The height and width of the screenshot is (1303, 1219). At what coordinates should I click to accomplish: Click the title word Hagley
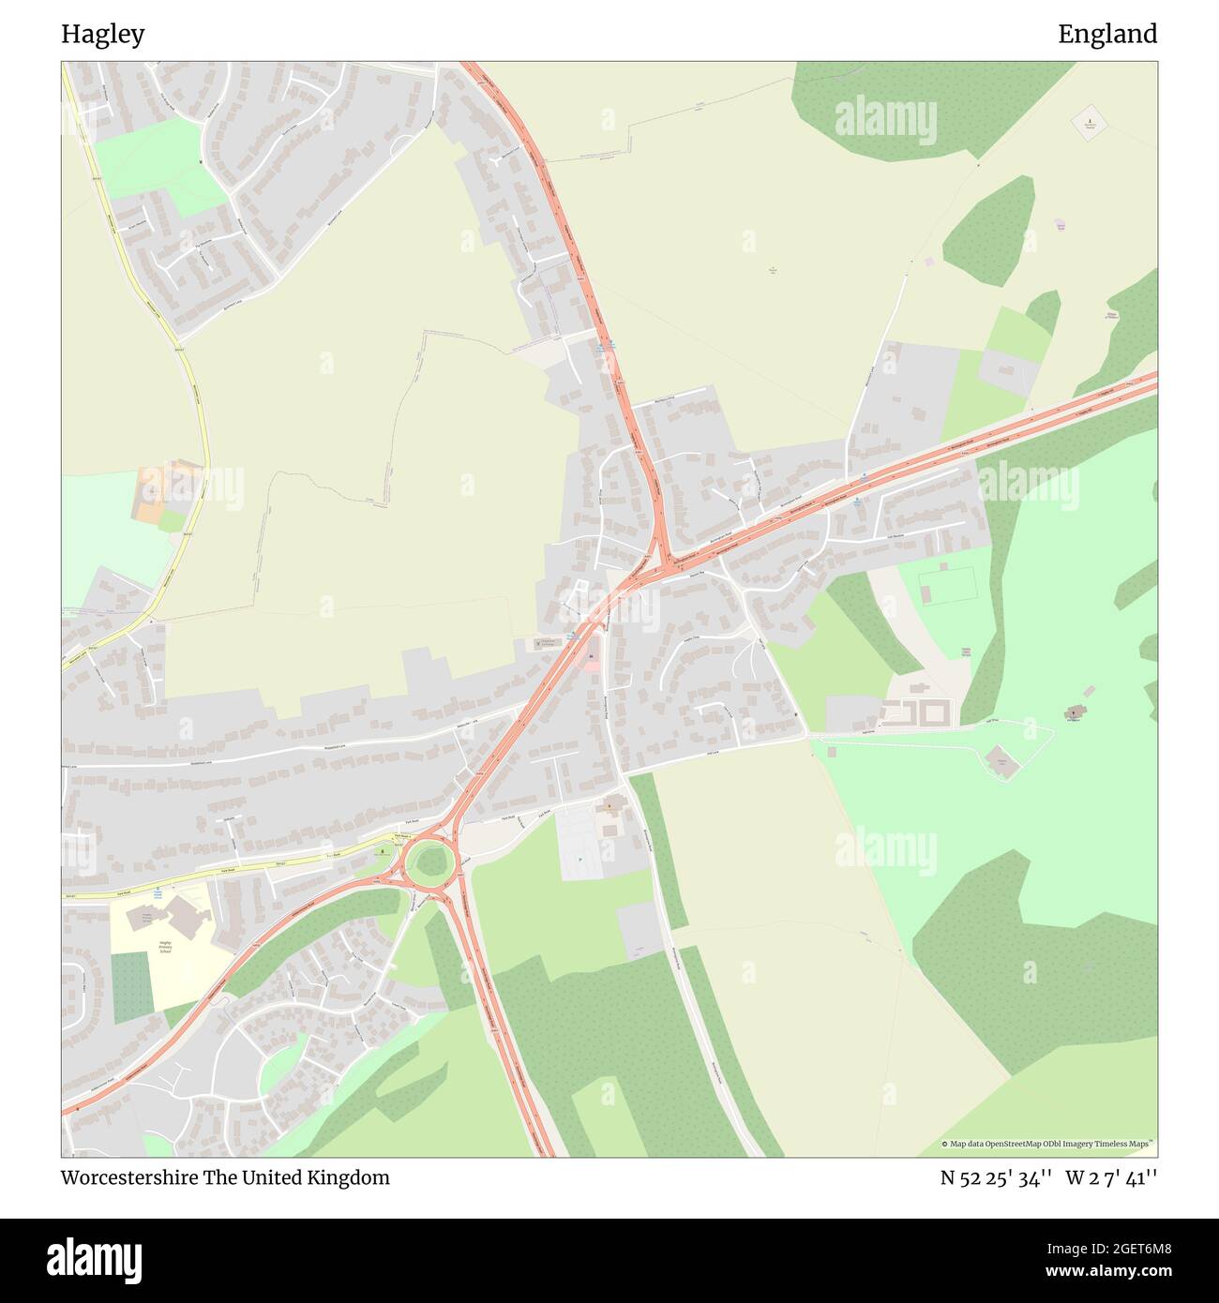coord(103,35)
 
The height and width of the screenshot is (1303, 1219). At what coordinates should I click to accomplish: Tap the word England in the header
coord(1107,35)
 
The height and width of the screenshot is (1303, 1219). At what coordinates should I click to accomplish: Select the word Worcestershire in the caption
coord(128,1177)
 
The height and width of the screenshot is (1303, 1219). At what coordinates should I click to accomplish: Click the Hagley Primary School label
coord(165,946)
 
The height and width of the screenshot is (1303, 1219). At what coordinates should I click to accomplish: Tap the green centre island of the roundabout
coord(429,861)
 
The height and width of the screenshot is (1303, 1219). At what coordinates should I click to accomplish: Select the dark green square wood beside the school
coord(130,987)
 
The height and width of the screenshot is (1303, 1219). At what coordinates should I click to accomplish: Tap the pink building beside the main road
coord(591,661)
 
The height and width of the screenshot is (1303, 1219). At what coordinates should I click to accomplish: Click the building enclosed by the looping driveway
coord(1001,761)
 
